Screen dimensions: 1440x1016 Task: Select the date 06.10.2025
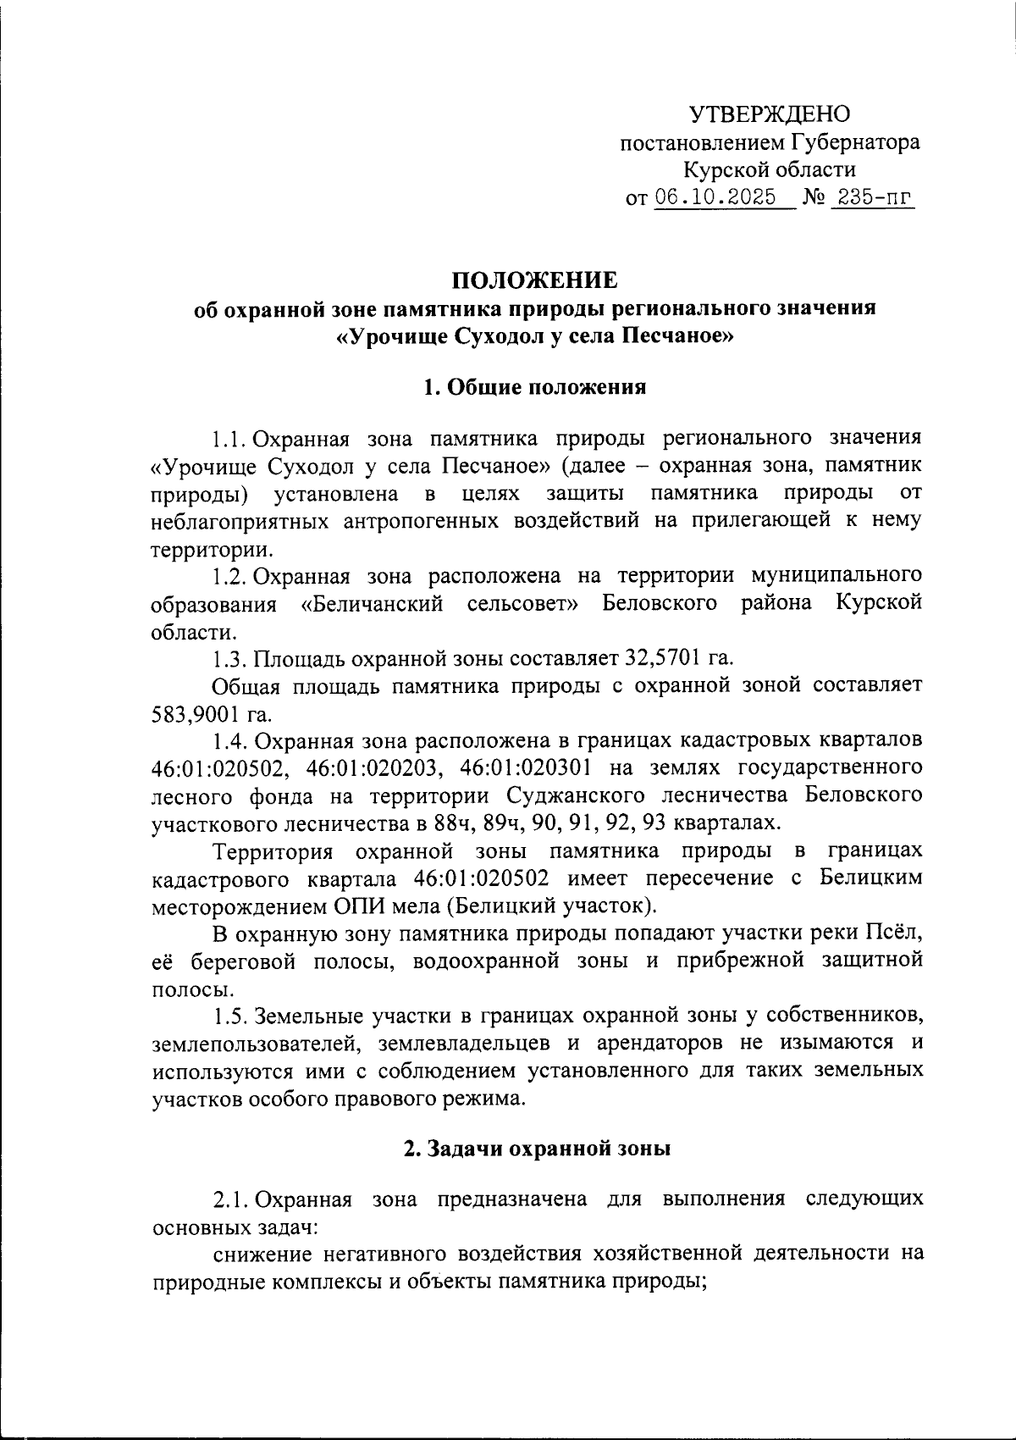pos(715,197)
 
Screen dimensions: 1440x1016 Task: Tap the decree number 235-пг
pos(873,197)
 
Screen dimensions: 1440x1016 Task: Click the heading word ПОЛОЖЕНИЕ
pos(533,280)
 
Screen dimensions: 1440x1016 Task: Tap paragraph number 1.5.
pos(229,1016)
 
